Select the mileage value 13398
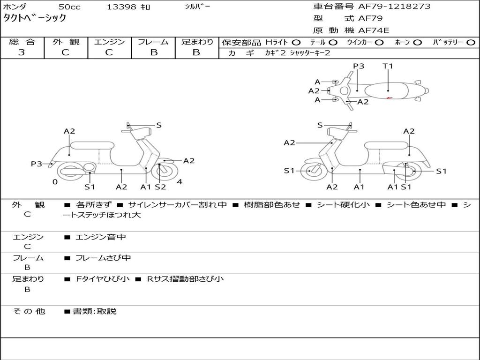121,7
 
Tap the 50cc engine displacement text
69,7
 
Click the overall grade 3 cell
22,52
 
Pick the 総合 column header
22,42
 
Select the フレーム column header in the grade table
153,42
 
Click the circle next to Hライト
296,43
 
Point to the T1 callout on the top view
388,66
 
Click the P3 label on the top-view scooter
359,66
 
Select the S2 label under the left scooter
160,187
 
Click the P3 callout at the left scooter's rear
37,164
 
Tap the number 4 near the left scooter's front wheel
179,182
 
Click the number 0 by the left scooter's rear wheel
55,182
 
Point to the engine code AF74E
374,30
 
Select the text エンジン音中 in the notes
101,237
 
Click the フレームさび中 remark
103,258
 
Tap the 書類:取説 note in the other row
94,311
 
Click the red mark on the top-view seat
389,97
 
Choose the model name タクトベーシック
35,18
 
